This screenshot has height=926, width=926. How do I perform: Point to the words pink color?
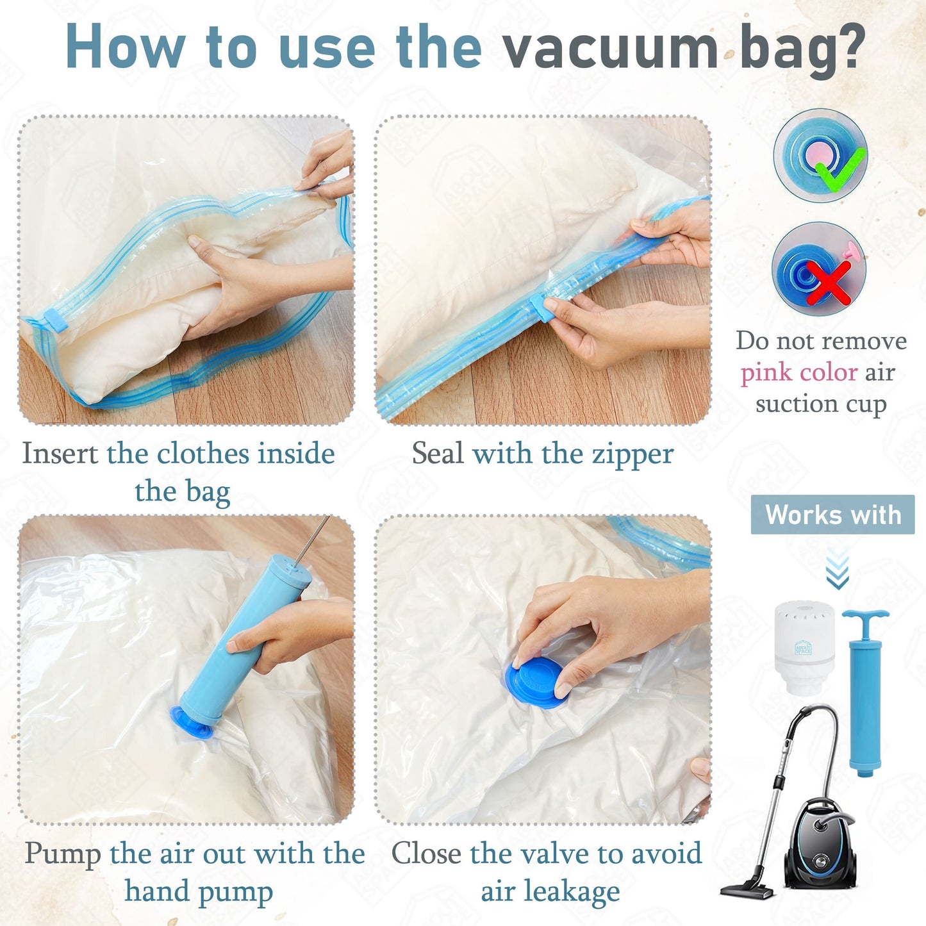798,372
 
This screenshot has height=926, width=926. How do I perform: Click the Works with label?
832,515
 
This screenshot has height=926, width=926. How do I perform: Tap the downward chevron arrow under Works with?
837,570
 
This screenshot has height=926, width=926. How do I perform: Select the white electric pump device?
804,647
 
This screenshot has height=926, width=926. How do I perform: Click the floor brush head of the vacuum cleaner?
747,890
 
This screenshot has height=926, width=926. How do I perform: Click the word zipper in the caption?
632,454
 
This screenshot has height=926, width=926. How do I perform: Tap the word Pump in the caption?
63,854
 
